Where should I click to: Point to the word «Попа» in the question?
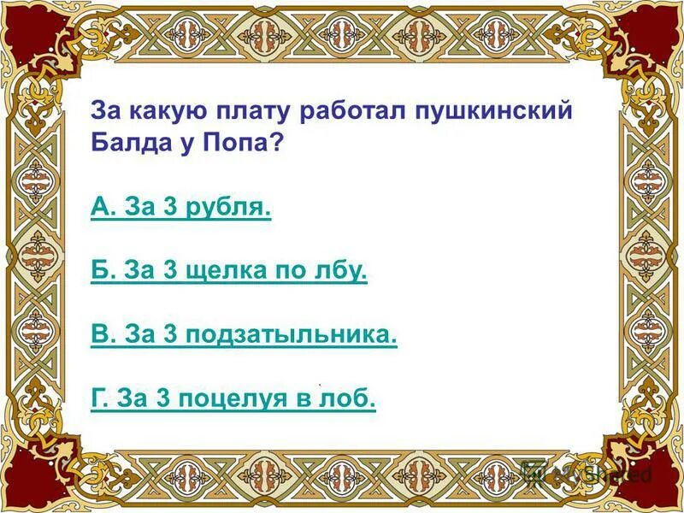(x=239, y=142)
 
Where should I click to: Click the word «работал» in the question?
(x=349, y=111)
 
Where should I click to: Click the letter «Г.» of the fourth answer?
(x=100, y=399)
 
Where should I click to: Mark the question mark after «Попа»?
(x=275, y=142)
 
